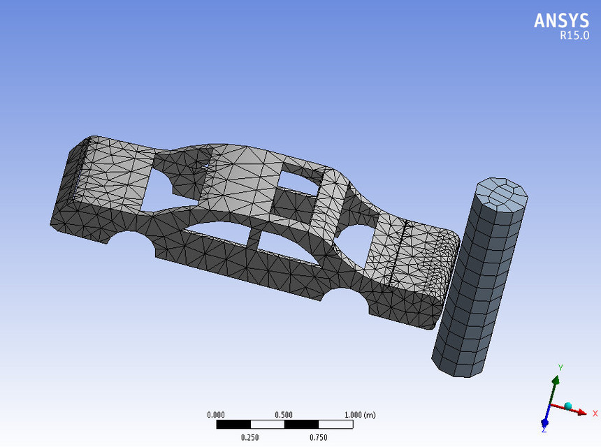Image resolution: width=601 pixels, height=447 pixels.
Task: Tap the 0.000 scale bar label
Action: point(216,415)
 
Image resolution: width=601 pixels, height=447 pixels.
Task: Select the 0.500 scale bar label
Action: point(284,415)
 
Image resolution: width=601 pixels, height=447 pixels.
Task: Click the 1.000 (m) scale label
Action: point(359,415)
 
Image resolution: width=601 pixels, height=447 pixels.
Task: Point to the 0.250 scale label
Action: point(249,438)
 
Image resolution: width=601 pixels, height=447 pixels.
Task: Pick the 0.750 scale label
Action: point(318,438)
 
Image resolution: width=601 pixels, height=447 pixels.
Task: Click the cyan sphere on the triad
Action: point(567,406)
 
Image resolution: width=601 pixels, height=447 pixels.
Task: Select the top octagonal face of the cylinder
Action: point(501,193)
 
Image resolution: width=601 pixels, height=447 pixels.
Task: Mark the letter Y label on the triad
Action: point(560,367)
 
